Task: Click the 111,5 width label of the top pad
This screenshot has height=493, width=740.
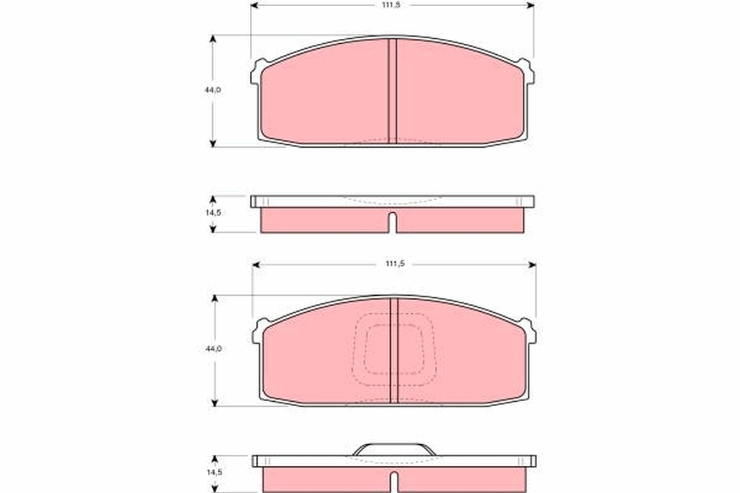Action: coord(391,6)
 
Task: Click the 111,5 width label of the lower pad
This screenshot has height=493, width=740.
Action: coord(395,264)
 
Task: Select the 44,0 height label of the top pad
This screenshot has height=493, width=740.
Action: coord(213,90)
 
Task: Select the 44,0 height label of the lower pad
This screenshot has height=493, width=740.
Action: coord(213,349)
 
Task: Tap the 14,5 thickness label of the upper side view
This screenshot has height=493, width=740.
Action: coord(213,213)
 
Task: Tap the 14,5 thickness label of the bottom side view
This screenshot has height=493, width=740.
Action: coord(215,473)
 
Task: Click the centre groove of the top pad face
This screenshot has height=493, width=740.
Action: coord(392,91)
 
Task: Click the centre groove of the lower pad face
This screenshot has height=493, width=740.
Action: coord(394,351)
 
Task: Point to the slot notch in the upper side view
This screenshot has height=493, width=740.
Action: coord(392,222)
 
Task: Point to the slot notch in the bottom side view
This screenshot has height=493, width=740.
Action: coord(394,482)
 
